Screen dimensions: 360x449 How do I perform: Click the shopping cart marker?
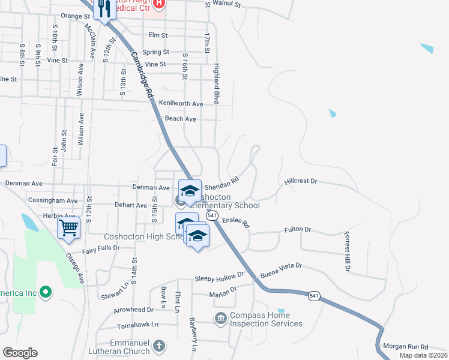click(69, 227)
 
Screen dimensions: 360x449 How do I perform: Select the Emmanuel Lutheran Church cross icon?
click(158, 346)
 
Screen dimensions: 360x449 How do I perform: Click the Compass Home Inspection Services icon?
click(220, 317)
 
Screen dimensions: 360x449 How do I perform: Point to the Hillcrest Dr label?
click(301, 181)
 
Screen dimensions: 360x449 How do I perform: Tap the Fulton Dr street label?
click(298, 229)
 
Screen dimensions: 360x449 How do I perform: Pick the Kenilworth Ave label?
click(181, 104)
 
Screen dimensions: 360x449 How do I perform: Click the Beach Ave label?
click(181, 119)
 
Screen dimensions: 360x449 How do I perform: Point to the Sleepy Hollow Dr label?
click(220, 277)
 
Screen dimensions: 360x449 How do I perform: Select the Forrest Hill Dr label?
click(346, 252)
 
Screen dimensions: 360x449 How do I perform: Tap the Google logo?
click(20, 353)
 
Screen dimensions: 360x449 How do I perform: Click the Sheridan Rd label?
click(222, 181)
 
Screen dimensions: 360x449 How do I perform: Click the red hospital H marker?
click(158, 4)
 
